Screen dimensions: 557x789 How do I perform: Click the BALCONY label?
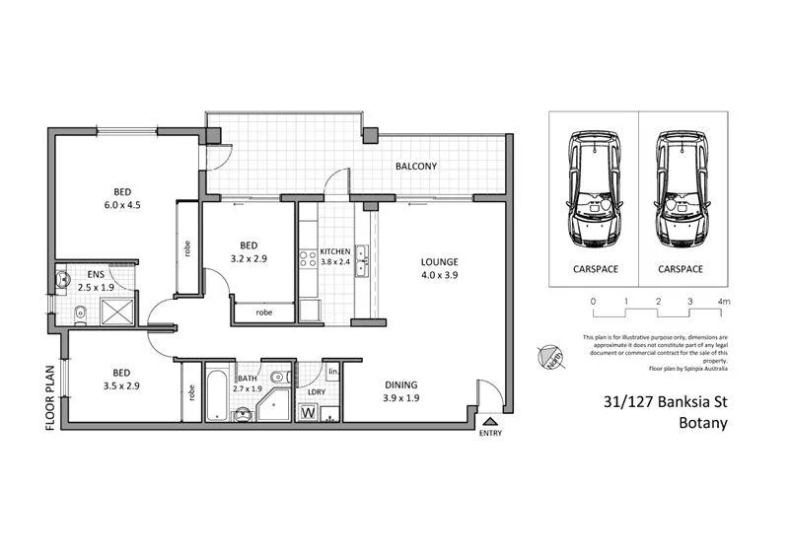coord(415,167)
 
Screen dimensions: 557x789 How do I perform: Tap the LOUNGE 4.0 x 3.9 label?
coord(440,268)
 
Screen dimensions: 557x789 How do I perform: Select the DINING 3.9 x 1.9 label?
coord(401,391)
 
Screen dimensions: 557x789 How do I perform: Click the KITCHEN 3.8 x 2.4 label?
coord(334,256)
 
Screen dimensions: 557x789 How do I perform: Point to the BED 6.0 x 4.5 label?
coord(122,198)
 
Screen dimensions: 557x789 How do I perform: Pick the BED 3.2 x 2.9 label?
coord(249,251)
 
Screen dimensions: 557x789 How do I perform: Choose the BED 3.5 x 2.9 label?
coord(120,380)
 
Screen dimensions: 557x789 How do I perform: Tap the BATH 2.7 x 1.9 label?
coord(246,383)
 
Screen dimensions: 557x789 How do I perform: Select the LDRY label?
coord(317,391)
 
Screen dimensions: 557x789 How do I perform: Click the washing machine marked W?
coord(308,412)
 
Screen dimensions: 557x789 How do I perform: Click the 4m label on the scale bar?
coord(724,301)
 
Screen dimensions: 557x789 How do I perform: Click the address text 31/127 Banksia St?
coord(665,402)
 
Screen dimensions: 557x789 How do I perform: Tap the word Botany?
coord(702,425)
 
